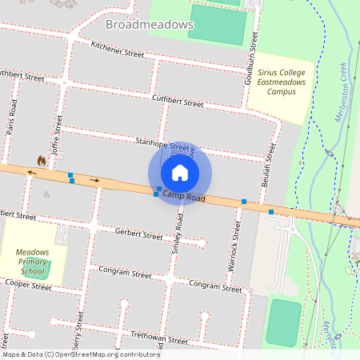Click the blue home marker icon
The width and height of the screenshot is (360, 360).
[179, 172]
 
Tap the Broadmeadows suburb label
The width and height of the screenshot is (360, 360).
[150, 25]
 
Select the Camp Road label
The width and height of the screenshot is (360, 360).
[183, 196]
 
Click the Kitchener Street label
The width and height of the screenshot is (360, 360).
[117, 49]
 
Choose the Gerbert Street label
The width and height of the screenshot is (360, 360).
[138, 235]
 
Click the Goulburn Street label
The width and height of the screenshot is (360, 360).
[253, 58]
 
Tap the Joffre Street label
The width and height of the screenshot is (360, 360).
[58, 132]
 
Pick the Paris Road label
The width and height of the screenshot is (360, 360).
[13, 118]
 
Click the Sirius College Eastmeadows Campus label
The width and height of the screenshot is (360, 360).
[276, 81]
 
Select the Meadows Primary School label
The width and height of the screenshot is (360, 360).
[33, 262]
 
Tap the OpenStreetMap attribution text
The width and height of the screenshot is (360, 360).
[80, 354]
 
